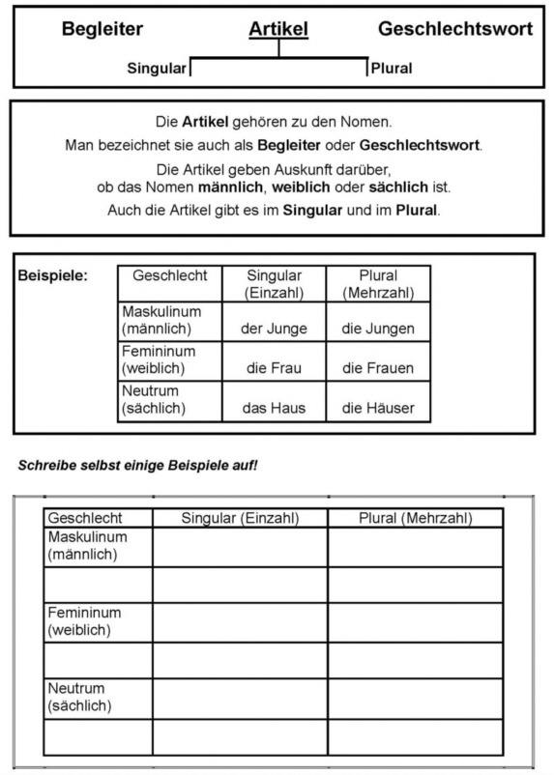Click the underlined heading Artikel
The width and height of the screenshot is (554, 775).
pos(278,29)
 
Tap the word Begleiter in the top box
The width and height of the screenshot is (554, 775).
pos(102,29)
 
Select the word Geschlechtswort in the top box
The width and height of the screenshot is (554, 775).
pos(454,29)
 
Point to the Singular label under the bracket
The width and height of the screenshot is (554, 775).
pos(156,69)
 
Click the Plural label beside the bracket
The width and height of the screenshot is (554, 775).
pos(392,69)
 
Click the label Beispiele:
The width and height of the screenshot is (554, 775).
pos(52,275)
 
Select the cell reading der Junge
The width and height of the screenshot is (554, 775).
pos(274,329)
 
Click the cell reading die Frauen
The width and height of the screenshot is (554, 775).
pos(378,368)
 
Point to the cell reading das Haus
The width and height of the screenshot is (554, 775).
pos(274,409)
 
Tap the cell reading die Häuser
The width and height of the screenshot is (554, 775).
pos(378,409)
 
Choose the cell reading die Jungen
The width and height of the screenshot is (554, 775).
pos(378,329)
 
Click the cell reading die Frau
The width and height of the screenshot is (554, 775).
pos(274,368)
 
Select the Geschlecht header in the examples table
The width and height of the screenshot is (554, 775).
pos(170,275)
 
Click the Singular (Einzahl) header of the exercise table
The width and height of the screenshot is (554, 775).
pos(240,519)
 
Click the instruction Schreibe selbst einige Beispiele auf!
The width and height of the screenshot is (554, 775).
pos(137,466)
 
